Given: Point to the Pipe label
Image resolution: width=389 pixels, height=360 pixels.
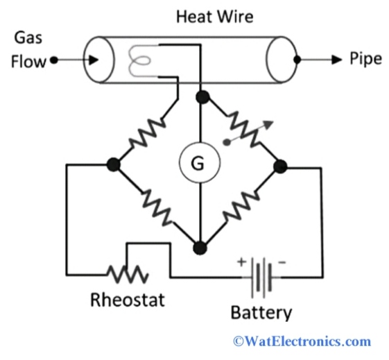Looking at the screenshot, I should [365, 59].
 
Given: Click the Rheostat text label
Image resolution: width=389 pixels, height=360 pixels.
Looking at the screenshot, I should [129, 300].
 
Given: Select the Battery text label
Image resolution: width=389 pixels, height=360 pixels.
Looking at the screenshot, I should [261, 312].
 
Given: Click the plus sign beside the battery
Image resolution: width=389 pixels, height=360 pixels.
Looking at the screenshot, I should [241, 263].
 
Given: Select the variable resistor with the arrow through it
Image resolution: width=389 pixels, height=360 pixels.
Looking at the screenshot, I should [243, 132].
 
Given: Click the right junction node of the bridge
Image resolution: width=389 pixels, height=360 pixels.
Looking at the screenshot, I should [280, 166].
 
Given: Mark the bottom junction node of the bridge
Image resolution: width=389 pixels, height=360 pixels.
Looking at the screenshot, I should [200, 247].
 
